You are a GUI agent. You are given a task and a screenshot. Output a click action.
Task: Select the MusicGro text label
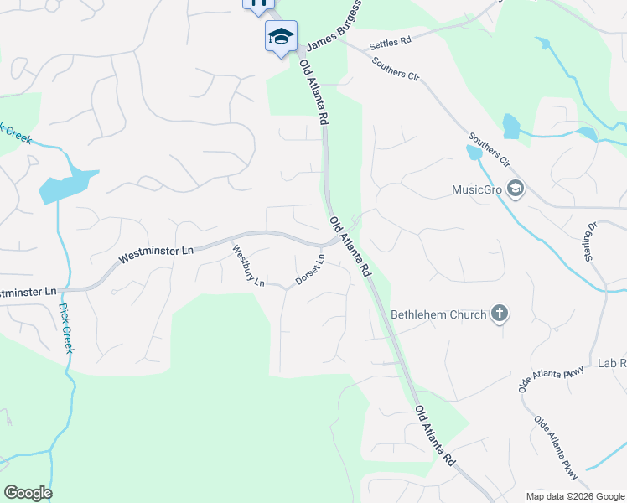[x=476, y=189]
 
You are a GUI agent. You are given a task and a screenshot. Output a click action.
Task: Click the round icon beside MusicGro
[x=515, y=189]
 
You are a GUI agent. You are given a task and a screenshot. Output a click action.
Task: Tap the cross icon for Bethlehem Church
[x=500, y=314]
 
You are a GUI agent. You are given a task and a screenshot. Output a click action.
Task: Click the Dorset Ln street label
[x=310, y=269]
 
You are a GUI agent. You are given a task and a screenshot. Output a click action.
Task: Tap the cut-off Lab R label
[x=612, y=364]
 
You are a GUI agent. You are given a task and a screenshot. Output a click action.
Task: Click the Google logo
[x=28, y=493]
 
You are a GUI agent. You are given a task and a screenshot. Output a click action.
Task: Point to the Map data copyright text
[x=575, y=496]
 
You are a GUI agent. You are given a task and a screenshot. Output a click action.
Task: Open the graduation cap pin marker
[x=281, y=36]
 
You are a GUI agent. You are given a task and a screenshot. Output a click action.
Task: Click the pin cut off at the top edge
[x=258, y=3]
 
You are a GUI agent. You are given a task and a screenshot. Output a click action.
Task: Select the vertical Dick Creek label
[x=66, y=327]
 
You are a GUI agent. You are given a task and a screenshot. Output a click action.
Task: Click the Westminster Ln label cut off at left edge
[x=28, y=292]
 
